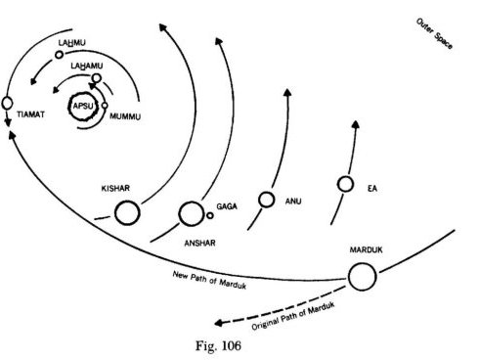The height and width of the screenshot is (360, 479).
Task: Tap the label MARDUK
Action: click(x=364, y=251)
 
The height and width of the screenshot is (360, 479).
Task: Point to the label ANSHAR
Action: click(x=198, y=241)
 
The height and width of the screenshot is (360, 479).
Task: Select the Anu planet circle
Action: click(x=265, y=199)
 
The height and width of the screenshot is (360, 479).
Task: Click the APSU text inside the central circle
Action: click(x=82, y=106)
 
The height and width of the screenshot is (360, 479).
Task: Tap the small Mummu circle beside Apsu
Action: click(x=104, y=107)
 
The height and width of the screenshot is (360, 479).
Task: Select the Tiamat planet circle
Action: click(x=8, y=102)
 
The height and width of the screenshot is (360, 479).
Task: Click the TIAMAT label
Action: click(x=32, y=113)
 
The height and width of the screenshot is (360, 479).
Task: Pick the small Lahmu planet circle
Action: click(x=58, y=55)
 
